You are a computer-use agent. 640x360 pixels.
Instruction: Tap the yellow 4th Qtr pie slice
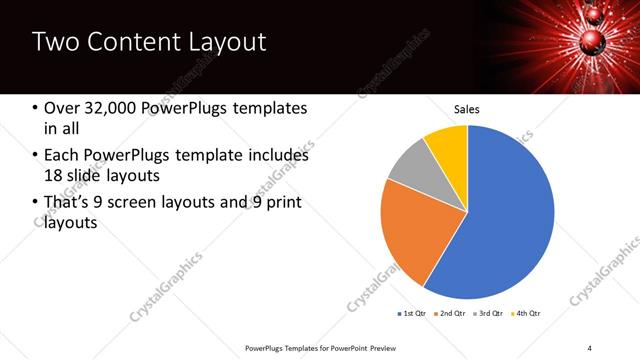tap(447, 145)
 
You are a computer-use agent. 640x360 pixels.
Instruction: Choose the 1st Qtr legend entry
tap(412, 315)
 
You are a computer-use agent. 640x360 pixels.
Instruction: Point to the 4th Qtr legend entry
tap(525, 315)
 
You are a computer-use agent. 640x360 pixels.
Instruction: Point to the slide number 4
tap(590, 347)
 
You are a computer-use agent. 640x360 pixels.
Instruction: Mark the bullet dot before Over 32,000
tap(36, 108)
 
